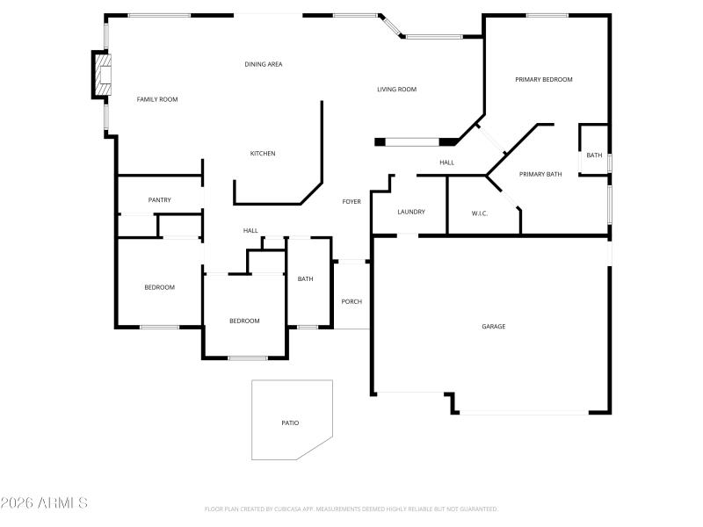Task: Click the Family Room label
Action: (157, 99)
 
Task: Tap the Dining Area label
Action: (264, 64)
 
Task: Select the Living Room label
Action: (396, 89)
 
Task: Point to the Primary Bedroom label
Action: (543, 80)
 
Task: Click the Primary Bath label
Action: (540, 174)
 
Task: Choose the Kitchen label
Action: (263, 154)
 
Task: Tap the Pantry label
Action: (160, 200)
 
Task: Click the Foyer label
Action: (351, 202)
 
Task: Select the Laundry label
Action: (411, 212)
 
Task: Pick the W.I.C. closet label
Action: (480, 213)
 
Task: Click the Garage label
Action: (493, 327)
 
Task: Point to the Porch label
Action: (351, 301)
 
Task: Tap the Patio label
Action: (290, 423)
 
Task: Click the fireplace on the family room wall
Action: (104, 76)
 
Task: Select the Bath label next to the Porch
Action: (305, 279)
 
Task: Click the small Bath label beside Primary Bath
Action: (595, 155)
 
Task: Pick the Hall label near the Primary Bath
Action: (446, 162)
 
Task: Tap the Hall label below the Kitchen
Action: (250, 231)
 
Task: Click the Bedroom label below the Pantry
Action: (159, 287)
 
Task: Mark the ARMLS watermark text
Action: (45, 503)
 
